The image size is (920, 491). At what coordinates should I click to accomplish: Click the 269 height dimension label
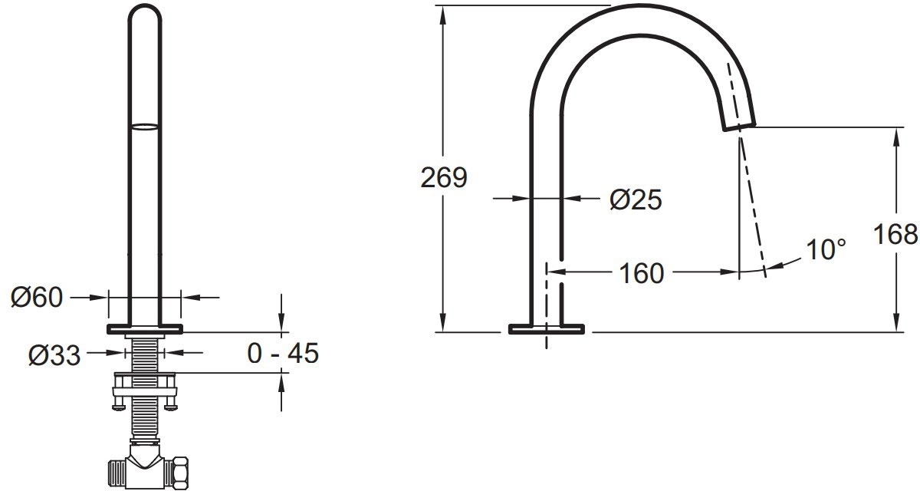click(444, 178)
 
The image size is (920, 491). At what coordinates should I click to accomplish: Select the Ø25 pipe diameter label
click(636, 199)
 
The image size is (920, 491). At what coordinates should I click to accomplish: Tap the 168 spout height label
click(895, 234)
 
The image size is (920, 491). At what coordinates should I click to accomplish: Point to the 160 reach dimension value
click(641, 273)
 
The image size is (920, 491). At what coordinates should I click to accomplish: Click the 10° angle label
click(826, 249)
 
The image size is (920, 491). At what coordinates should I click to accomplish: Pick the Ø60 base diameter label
click(37, 298)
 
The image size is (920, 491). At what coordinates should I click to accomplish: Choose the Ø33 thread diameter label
click(54, 355)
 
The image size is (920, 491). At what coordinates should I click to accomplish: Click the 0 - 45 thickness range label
click(283, 353)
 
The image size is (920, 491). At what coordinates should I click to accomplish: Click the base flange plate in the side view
click(547, 328)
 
